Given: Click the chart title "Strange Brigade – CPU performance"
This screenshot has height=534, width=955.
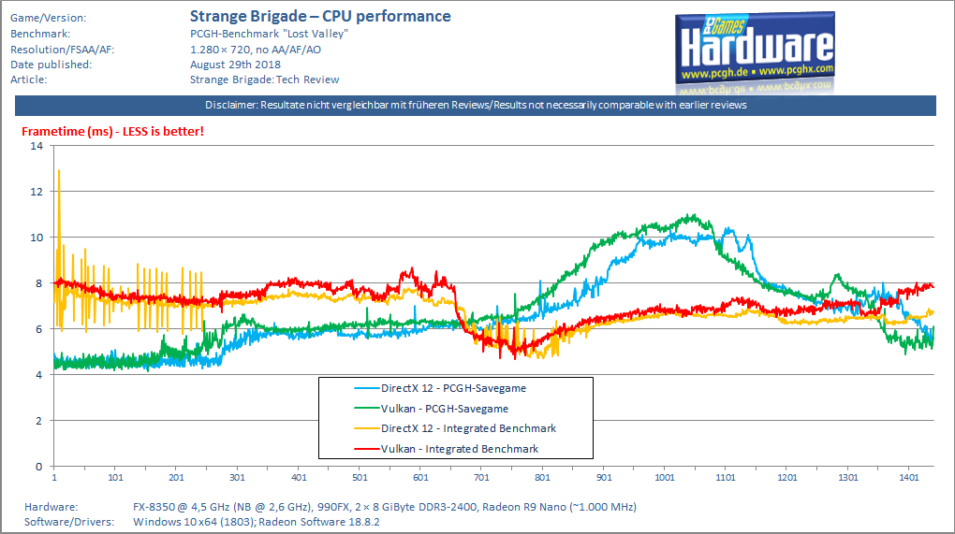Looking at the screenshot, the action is tap(320, 17).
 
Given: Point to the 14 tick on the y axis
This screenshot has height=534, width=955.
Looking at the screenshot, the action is tap(37, 145).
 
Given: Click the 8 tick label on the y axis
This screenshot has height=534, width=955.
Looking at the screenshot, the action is tap(39, 283).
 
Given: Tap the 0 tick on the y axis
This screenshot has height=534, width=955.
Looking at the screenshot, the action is tap(39, 467).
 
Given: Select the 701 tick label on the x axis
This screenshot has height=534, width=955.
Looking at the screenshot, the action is tap(481, 478).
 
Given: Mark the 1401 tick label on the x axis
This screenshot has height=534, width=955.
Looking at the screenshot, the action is tap(909, 478).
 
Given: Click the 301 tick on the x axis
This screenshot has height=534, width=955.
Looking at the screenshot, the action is tap(237, 478).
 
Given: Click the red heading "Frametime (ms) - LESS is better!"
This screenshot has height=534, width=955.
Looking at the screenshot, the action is tap(112, 131).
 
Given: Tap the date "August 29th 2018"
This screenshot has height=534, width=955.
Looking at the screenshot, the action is tap(235, 65).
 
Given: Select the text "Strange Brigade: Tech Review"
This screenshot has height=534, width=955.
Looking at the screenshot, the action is tap(264, 79).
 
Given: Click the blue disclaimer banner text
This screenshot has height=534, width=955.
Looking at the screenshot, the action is tap(476, 106).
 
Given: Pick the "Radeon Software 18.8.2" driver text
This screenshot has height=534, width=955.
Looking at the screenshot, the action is tap(321, 522).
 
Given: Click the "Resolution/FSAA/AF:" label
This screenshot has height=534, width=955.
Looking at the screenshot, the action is tap(62, 50).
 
